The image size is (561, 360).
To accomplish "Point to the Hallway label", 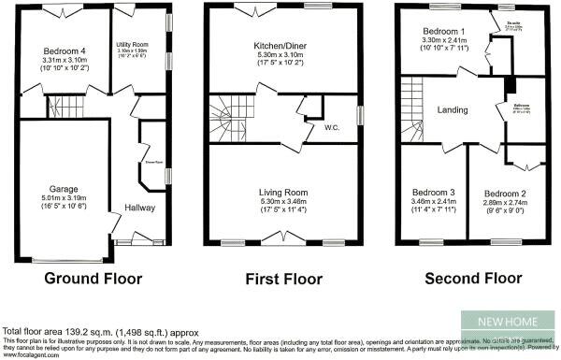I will click(x=139, y=208).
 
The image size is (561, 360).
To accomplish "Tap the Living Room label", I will click(x=282, y=193).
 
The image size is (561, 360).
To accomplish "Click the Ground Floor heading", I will click(x=93, y=279).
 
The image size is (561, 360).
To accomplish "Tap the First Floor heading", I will click(x=282, y=279).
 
